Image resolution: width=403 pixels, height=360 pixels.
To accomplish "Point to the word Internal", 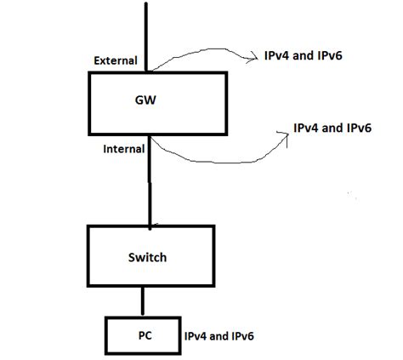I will pyautogui.click(x=124, y=148).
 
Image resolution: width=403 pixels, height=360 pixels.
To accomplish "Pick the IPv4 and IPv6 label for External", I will pyautogui.click(x=303, y=57).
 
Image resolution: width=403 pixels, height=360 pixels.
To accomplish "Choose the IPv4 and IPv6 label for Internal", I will pyautogui.click(x=332, y=127).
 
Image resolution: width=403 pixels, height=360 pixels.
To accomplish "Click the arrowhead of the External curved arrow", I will pyautogui.click(x=254, y=58).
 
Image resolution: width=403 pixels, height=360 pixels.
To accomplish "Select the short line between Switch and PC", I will pyautogui.click(x=143, y=301).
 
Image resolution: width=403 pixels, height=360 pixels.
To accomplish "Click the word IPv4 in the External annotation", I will pyautogui.click(x=275, y=57).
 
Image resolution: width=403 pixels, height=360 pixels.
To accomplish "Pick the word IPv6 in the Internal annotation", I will pyautogui.click(x=359, y=127).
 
